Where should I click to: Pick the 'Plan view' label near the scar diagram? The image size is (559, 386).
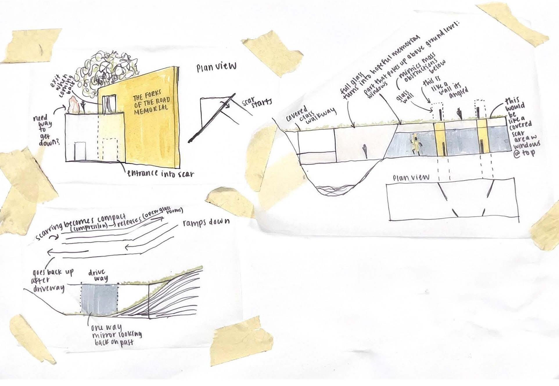(217, 67)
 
